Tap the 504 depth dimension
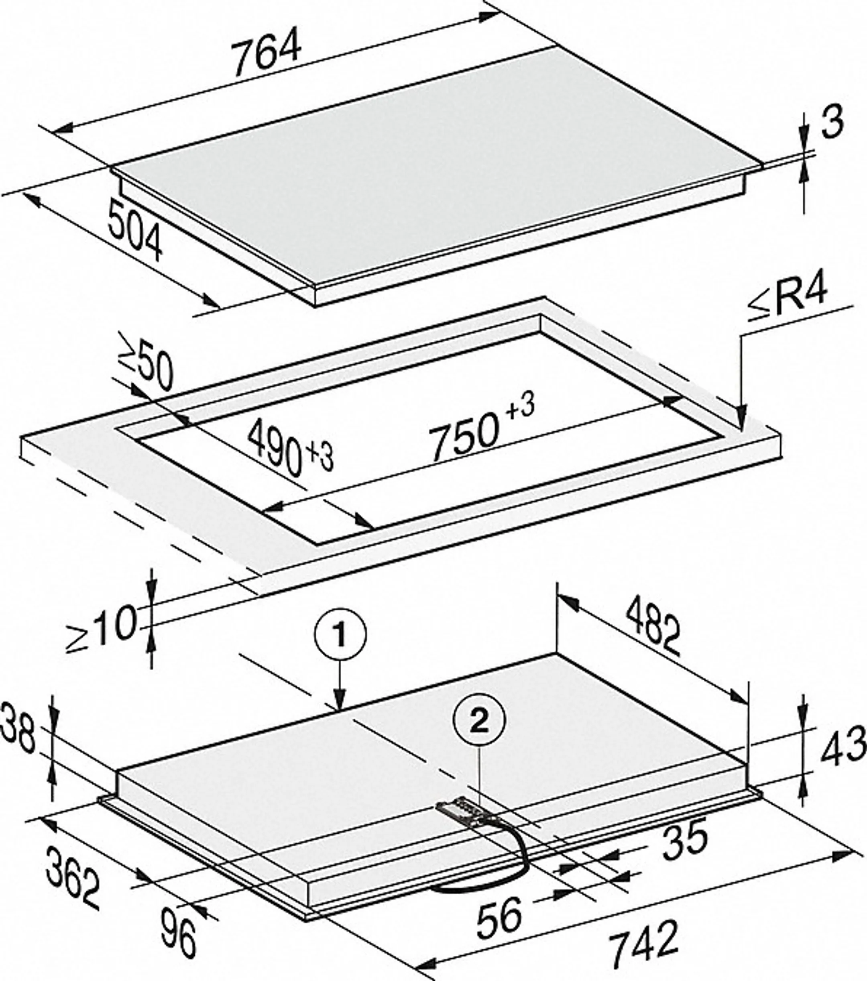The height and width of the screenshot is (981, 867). click(135, 231)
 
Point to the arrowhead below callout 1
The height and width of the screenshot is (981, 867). click(340, 701)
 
